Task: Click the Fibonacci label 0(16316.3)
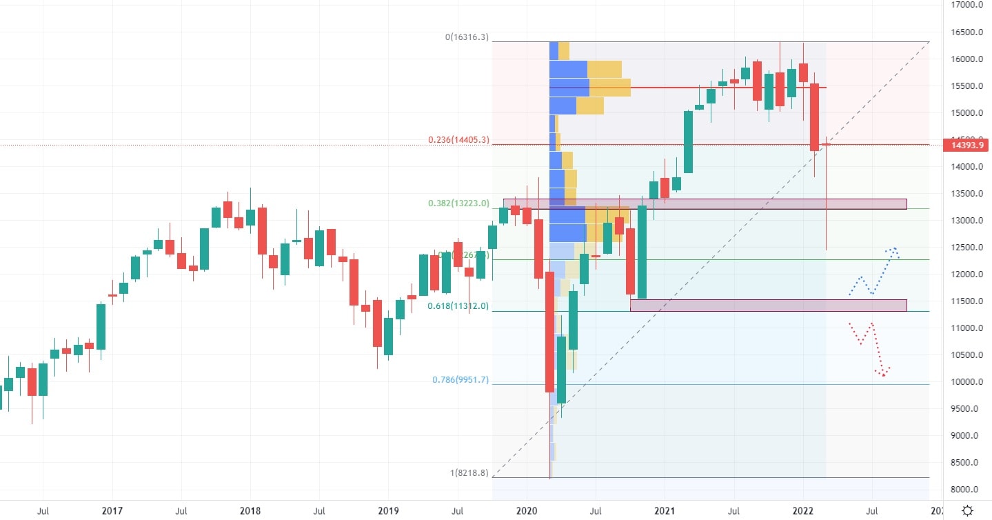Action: point(467,37)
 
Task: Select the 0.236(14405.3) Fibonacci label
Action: point(458,139)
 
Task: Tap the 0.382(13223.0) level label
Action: point(458,203)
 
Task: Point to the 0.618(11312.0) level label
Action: point(458,306)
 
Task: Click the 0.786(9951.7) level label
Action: point(460,379)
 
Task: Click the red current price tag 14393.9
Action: point(969,145)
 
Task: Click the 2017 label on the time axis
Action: point(112,511)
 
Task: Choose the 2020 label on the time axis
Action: point(527,511)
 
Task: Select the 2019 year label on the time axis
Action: point(388,511)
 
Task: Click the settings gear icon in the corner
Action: point(968,511)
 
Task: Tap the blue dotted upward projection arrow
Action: point(874,272)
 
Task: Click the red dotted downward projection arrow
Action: point(869,348)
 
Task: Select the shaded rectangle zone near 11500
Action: point(768,305)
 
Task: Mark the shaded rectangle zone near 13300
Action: point(705,203)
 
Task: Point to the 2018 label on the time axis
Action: point(250,511)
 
